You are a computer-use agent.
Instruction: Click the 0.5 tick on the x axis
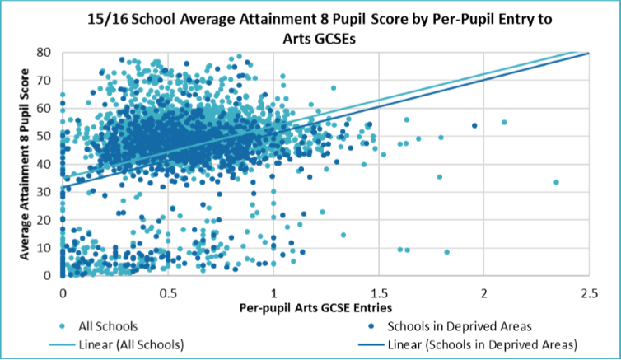click(168, 292)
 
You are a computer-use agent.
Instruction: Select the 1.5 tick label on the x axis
click(378, 292)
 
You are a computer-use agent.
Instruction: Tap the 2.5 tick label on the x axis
click(589, 292)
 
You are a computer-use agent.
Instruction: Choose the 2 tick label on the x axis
click(483, 292)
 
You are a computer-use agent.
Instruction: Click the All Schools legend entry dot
click(67, 326)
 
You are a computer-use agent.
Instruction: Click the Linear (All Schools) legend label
click(130, 343)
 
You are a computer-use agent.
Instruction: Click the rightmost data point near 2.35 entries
click(556, 182)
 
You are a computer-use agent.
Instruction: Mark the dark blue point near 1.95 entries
click(474, 125)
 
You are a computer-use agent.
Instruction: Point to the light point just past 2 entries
click(504, 122)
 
